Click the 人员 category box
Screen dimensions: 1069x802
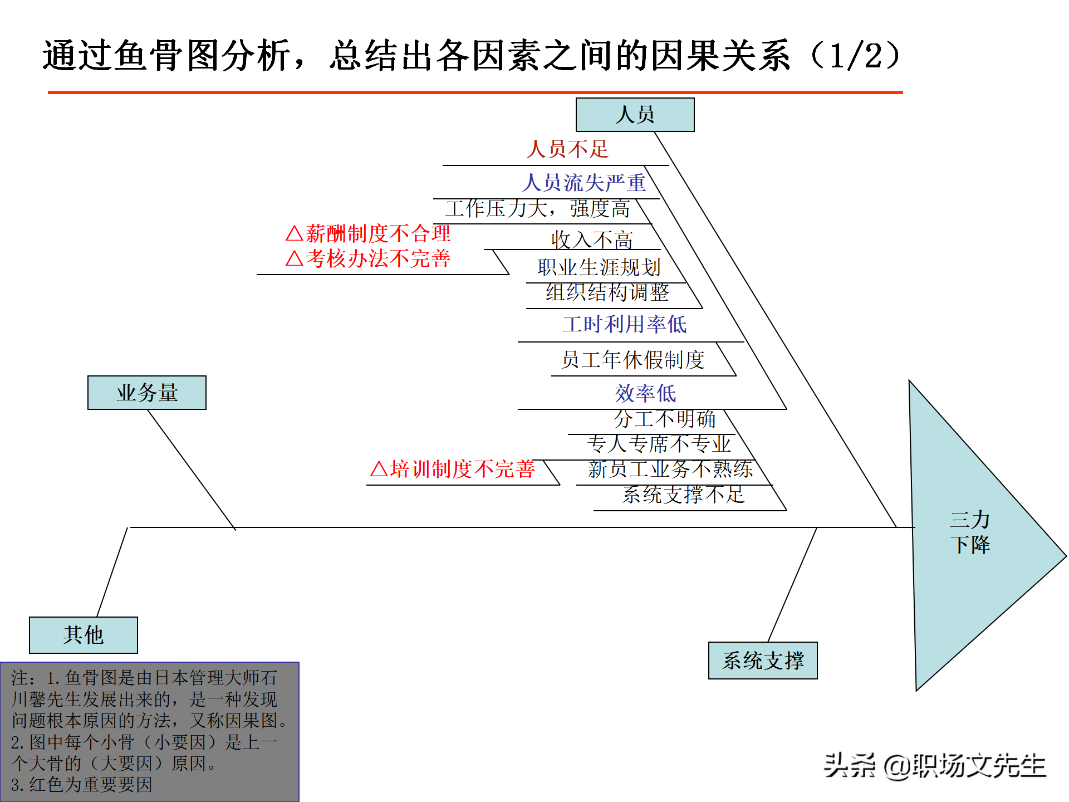tap(635, 115)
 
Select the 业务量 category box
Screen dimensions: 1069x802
tap(147, 393)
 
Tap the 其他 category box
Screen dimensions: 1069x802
tap(84, 635)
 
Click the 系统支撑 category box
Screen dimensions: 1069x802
tap(763, 661)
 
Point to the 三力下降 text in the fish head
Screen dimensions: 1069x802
tap(970, 532)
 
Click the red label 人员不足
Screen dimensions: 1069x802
tap(567, 149)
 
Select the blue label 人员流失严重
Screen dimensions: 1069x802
tap(584, 183)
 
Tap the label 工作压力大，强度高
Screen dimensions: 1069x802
tap(537, 209)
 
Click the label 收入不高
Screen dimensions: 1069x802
tap(592, 240)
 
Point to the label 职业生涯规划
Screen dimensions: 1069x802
tap(599, 267)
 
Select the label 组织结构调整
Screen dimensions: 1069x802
tap(607, 292)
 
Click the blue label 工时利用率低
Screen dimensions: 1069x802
tap(625, 324)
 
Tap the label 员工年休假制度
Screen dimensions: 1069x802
tap(632, 360)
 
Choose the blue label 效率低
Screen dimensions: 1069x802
tap(645, 393)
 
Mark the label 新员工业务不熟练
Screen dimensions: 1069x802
tap(670, 469)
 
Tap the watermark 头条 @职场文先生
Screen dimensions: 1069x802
tap(935, 766)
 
